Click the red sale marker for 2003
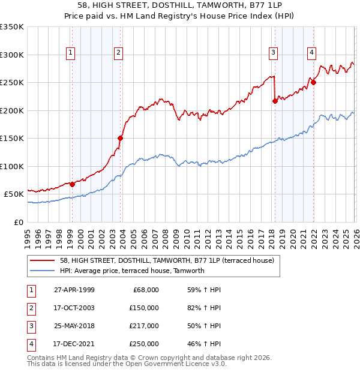tap(121, 138)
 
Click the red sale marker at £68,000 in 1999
tap(72, 184)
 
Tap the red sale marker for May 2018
tap(275, 101)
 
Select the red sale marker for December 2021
tap(313, 82)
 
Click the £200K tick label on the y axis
tap(12, 110)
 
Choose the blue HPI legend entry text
tap(132, 271)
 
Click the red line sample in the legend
tap(42, 260)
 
